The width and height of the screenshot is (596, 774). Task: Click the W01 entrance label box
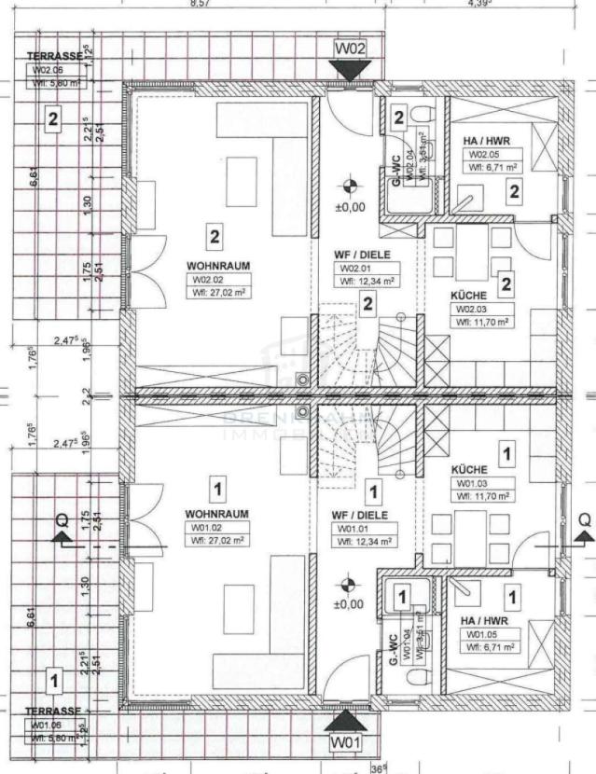coord(346,743)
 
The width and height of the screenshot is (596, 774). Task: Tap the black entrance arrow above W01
coord(346,721)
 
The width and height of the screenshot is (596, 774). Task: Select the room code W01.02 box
coord(215,527)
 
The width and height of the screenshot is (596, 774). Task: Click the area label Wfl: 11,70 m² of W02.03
coord(481,322)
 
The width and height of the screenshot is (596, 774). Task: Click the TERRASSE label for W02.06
coord(54,56)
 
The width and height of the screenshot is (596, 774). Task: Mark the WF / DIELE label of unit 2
coord(363,255)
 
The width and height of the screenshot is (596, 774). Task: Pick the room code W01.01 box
coord(364,528)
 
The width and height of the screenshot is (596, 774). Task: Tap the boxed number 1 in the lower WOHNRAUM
coord(216,488)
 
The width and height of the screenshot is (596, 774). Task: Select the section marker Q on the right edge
coord(584,518)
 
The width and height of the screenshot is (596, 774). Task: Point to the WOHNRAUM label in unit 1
coord(216,514)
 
